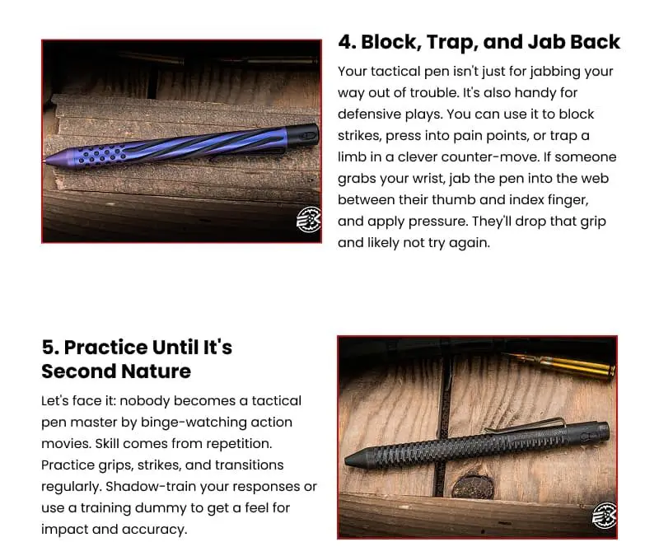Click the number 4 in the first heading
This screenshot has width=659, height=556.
pos(347,42)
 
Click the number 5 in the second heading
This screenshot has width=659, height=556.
pos(50,348)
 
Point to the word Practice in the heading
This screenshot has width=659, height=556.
pos(105,348)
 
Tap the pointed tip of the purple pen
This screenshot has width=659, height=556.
pos(45,160)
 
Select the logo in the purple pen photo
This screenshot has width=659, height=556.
pos(308,219)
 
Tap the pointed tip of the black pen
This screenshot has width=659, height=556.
pos(347,460)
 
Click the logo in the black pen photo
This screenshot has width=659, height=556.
pos(605,516)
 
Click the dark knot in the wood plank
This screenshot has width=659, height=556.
pos(472,488)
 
